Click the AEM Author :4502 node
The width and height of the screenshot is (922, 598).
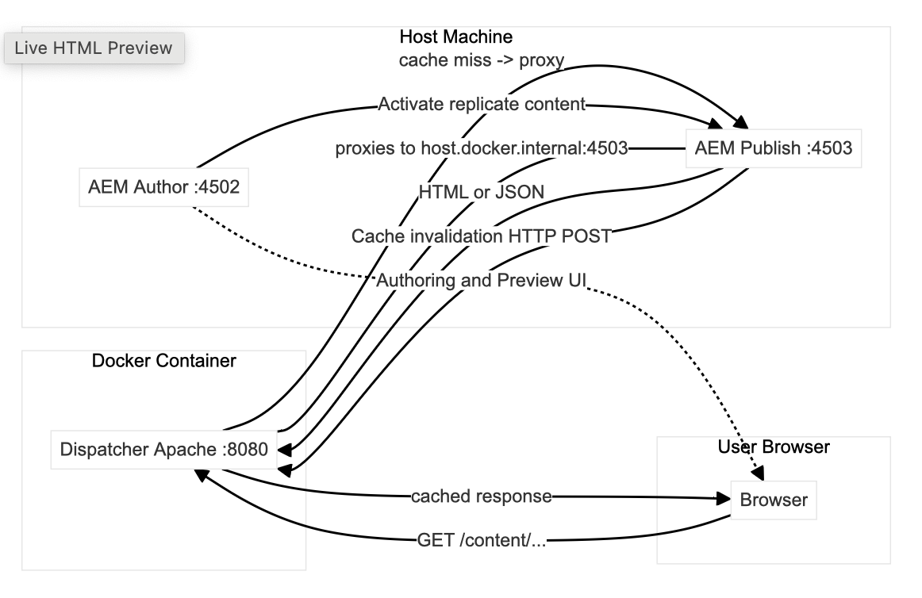pos(164,188)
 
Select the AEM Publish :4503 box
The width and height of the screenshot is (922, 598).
pos(773,148)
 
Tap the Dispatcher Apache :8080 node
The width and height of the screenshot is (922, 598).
pos(164,449)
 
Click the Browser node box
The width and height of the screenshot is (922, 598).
pos(773,500)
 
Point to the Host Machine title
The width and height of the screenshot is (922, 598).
pos(455,37)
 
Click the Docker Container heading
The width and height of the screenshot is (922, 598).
pos(163,361)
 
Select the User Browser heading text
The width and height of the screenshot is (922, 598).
pos(773,447)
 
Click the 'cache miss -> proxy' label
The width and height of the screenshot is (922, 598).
pos(481,61)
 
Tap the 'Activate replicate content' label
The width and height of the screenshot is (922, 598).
pos(482,104)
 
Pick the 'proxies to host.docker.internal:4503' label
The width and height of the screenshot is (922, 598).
pos(482,148)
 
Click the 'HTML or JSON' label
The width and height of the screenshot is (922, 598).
pos(481,191)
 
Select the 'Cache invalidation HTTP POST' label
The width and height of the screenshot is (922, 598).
pos(482,236)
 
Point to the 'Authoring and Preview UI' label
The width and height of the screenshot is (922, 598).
pos(481,280)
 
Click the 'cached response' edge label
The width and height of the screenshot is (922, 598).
pos(481,496)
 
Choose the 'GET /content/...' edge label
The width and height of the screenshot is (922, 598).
pos(482,541)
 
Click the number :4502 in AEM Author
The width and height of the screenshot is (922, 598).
pos(216,188)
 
